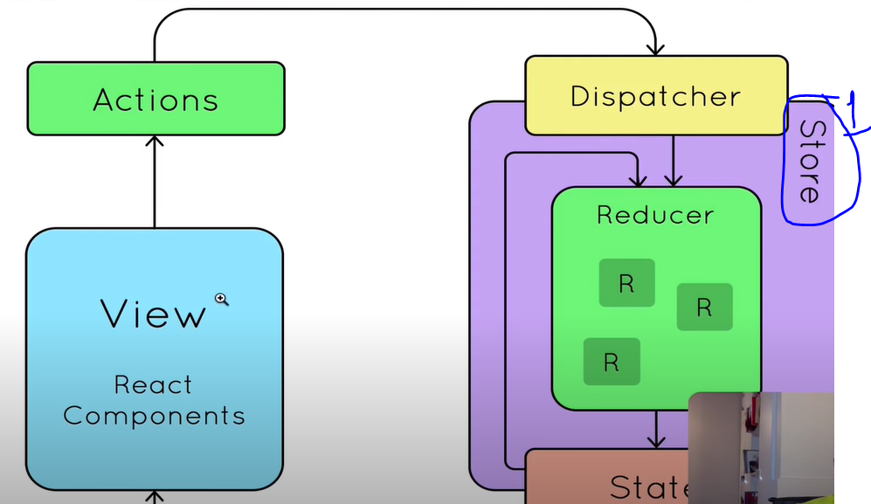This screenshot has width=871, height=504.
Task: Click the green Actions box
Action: point(156,99)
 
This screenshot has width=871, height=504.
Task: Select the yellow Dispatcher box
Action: point(655,95)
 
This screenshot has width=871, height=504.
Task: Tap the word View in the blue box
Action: point(153,314)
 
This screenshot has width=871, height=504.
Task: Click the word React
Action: point(153,384)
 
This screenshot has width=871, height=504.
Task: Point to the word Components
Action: point(154,415)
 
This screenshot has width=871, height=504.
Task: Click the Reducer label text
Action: point(654,215)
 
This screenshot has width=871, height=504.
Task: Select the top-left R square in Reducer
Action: point(626,283)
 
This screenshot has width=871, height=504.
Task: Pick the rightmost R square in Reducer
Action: point(704,307)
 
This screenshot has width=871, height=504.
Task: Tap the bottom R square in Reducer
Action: point(612,362)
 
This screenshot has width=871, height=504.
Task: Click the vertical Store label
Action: point(810,162)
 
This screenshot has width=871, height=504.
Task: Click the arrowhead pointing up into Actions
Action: point(155,142)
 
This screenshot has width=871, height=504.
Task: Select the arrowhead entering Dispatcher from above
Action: point(655,48)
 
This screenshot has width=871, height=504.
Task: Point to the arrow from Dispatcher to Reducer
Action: point(673,162)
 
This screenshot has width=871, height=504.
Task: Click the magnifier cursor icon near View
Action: point(222,300)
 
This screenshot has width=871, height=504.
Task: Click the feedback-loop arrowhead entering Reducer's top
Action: point(639,180)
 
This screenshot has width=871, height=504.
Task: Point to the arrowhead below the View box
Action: point(155,497)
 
